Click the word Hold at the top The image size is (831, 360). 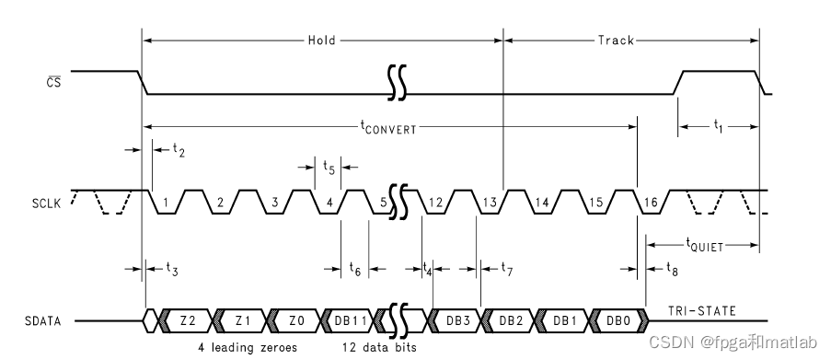point(321,41)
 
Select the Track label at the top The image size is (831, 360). point(616,41)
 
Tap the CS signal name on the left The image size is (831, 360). point(54,80)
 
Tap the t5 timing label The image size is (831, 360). point(329,167)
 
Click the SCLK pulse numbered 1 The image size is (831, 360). point(166,202)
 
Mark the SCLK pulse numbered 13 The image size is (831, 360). point(491,202)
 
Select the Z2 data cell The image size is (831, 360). point(188,320)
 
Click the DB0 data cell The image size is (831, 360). point(617,320)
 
